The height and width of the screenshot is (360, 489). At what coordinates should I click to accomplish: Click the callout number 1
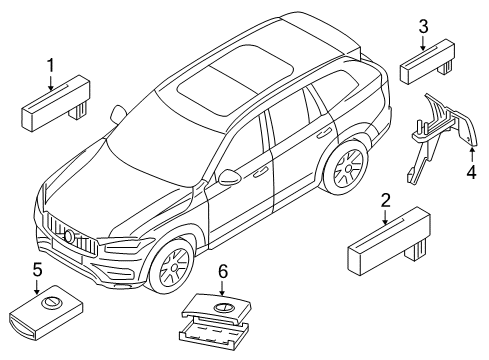[47, 67]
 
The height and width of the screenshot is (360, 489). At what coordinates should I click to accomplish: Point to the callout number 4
[471, 171]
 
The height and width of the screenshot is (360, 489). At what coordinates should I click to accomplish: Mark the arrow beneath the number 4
[471, 150]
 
